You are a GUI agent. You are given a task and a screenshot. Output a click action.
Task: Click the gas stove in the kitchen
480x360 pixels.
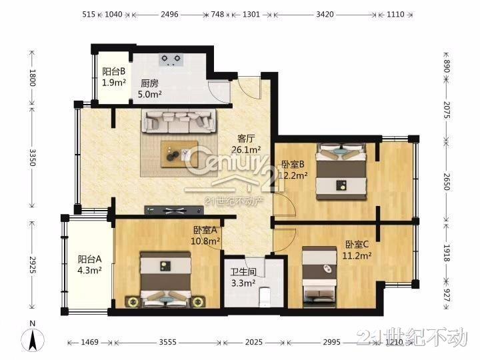pyautogui.click(x=171, y=60)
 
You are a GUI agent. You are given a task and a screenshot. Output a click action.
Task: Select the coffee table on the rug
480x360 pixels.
pyautogui.click(x=180, y=154)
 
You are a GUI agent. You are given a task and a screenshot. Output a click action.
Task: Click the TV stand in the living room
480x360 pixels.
pyautogui.click(x=174, y=210)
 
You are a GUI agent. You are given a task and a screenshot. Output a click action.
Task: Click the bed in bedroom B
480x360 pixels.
pyautogui.click(x=341, y=171)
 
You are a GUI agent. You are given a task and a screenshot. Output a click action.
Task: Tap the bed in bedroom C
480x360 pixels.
pyautogui.click(x=319, y=277)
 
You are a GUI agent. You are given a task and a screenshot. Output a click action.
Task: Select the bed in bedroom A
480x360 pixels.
pyautogui.click(x=166, y=279)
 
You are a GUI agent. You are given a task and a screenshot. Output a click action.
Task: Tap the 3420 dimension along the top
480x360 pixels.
pyautogui.click(x=325, y=15)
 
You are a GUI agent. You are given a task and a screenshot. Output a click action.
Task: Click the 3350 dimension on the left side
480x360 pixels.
pyautogui.click(x=33, y=157)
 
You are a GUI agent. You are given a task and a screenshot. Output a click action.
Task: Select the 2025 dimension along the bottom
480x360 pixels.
pyautogui.click(x=253, y=342)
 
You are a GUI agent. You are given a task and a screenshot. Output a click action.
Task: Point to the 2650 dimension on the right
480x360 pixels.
pyautogui.click(x=447, y=182)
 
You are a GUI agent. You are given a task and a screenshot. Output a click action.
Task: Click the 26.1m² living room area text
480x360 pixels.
pyautogui.click(x=247, y=150)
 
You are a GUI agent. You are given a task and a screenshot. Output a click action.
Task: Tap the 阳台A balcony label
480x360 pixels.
pyautogui.click(x=89, y=259)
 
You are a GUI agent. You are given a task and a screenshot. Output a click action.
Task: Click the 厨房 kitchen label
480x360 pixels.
pyautogui.click(x=150, y=83)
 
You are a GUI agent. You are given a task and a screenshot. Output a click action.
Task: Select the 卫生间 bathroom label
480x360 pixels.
pyautogui.click(x=243, y=272)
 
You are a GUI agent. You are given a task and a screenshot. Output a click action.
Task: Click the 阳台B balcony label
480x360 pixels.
pyautogui.click(x=113, y=71)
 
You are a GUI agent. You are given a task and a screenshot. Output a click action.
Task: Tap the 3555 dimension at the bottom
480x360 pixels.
pyautogui.click(x=167, y=342)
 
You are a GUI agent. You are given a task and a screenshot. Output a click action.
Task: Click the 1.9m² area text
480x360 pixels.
pyautogui.click(x=114, y=83)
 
